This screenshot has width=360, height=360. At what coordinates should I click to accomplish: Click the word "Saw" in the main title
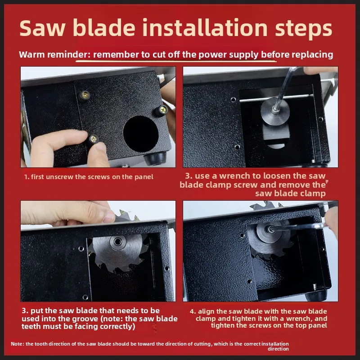point(42,28)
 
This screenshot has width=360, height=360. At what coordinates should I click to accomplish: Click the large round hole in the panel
point(141,134)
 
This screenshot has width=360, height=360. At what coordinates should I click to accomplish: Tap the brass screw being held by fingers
point(94,139)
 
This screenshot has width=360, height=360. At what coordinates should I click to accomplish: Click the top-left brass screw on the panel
point(85,94)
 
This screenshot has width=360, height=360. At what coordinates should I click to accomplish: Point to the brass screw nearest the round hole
point(163,110)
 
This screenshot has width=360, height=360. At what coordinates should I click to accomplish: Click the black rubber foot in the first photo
point(155,158)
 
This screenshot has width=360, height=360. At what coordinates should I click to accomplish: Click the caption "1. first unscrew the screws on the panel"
point(89,177)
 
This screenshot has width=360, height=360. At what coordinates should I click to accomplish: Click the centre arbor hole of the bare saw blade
point(118,241)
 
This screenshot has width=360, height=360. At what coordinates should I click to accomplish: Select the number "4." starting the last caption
point(193,311)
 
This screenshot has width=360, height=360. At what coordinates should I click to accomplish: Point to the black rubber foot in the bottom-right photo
point(316,295)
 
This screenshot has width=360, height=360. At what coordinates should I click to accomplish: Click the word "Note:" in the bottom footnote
point(18,344)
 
